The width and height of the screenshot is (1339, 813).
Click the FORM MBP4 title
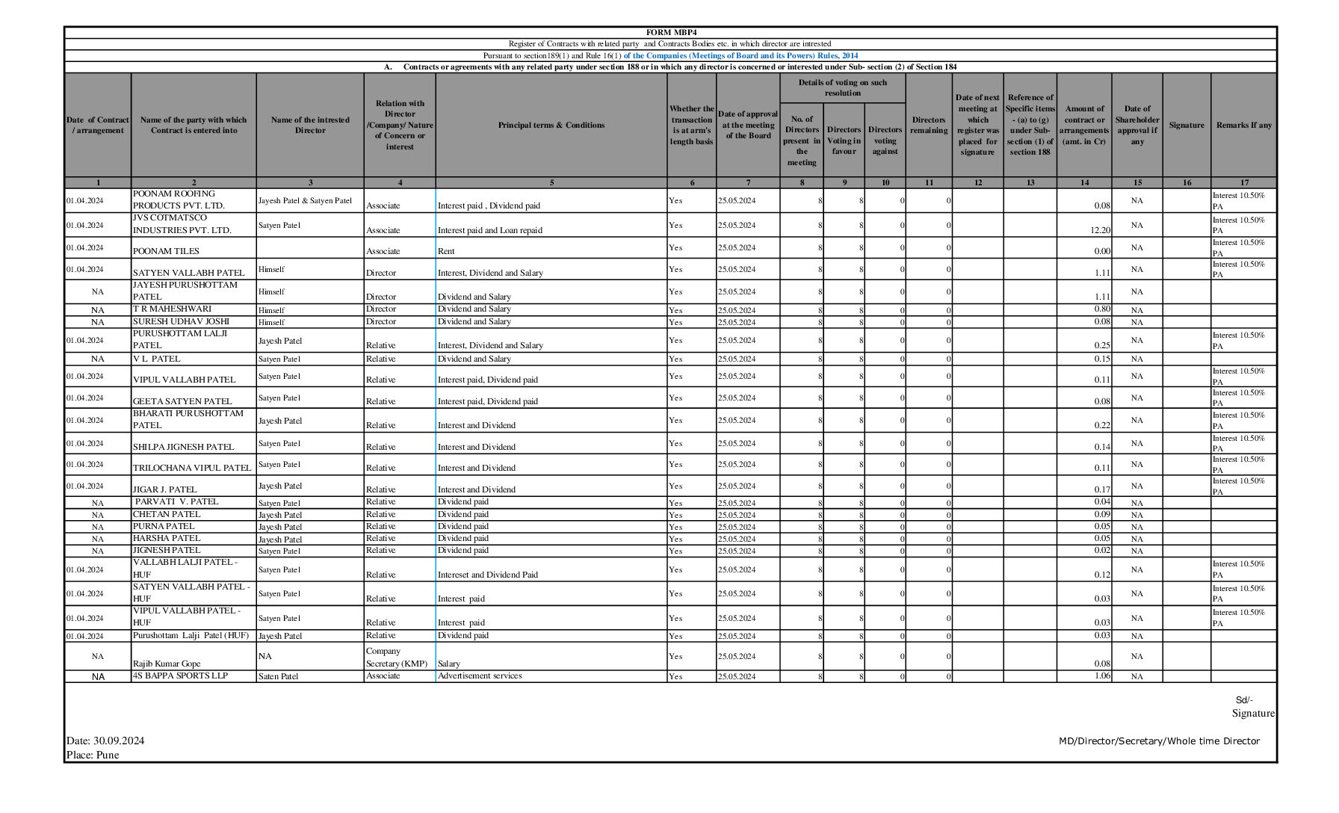pos(670,32)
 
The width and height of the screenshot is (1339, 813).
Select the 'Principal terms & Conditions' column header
pos(551,125)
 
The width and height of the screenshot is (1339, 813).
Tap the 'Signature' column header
pos(1186,125)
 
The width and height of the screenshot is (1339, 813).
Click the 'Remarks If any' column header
pos(1243,125)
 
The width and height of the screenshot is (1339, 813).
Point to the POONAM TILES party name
pos(166,251)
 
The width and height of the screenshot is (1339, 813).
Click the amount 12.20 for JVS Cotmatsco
pos(1100,230)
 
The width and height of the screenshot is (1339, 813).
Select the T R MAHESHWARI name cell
pos(172,309)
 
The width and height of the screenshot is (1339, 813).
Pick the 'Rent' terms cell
pos(446,251)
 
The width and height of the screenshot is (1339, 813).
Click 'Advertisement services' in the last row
pos(480,676)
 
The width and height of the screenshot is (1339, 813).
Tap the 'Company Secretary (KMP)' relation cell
pos(397,657)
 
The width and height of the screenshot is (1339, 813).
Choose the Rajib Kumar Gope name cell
pos(167,664)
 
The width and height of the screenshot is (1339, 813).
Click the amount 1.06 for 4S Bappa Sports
pos(1101,676)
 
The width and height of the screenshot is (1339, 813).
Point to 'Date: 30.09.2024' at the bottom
pos(105,741)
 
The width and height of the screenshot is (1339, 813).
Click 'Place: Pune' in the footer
pos(93,755)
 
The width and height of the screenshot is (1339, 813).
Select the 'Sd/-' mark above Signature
pos(1244,700)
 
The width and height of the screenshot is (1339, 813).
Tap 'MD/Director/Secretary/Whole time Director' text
pos(1159,741)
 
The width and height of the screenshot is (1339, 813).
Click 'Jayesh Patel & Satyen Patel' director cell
pos(305,200)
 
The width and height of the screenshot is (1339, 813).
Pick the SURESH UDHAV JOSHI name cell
pos(181,321)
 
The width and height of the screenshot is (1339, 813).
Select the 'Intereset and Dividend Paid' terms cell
pos(487,575)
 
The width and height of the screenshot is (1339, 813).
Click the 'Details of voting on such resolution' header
pos(842,87)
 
